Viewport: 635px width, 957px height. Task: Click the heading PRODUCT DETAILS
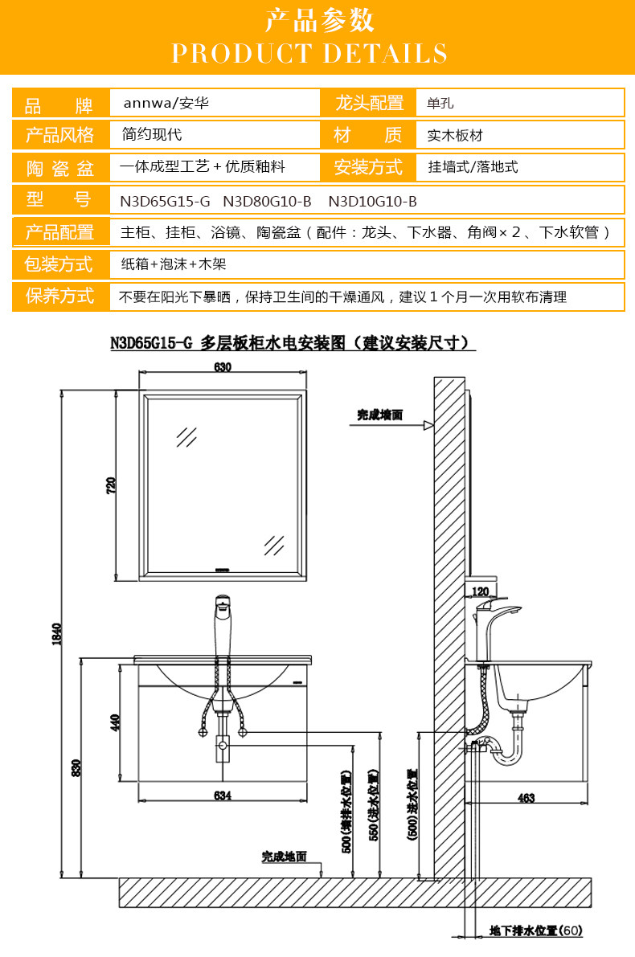click(309, 54)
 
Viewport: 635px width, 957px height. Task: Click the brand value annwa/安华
click(170, 104)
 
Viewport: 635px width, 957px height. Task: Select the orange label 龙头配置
click(369, 104)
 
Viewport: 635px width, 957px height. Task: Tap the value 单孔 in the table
click(441, 104)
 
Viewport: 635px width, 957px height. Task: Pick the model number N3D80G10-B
click(267, 200)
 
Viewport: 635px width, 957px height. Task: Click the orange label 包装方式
click(59, 264)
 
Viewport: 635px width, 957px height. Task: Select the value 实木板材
click(455, 136)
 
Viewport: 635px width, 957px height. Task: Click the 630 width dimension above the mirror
click(223, 367)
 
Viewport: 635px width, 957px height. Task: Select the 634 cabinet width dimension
click(223, 795)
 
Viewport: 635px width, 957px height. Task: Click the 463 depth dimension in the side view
click(526, 798)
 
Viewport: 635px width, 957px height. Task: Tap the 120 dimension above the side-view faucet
click(481, 591)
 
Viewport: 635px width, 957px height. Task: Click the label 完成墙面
click(380, 415)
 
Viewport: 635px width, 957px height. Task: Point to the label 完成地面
click(284, 857)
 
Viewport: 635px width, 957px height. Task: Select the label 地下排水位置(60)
click(535, 930)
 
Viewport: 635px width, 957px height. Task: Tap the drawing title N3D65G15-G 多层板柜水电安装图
click(293, 343)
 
